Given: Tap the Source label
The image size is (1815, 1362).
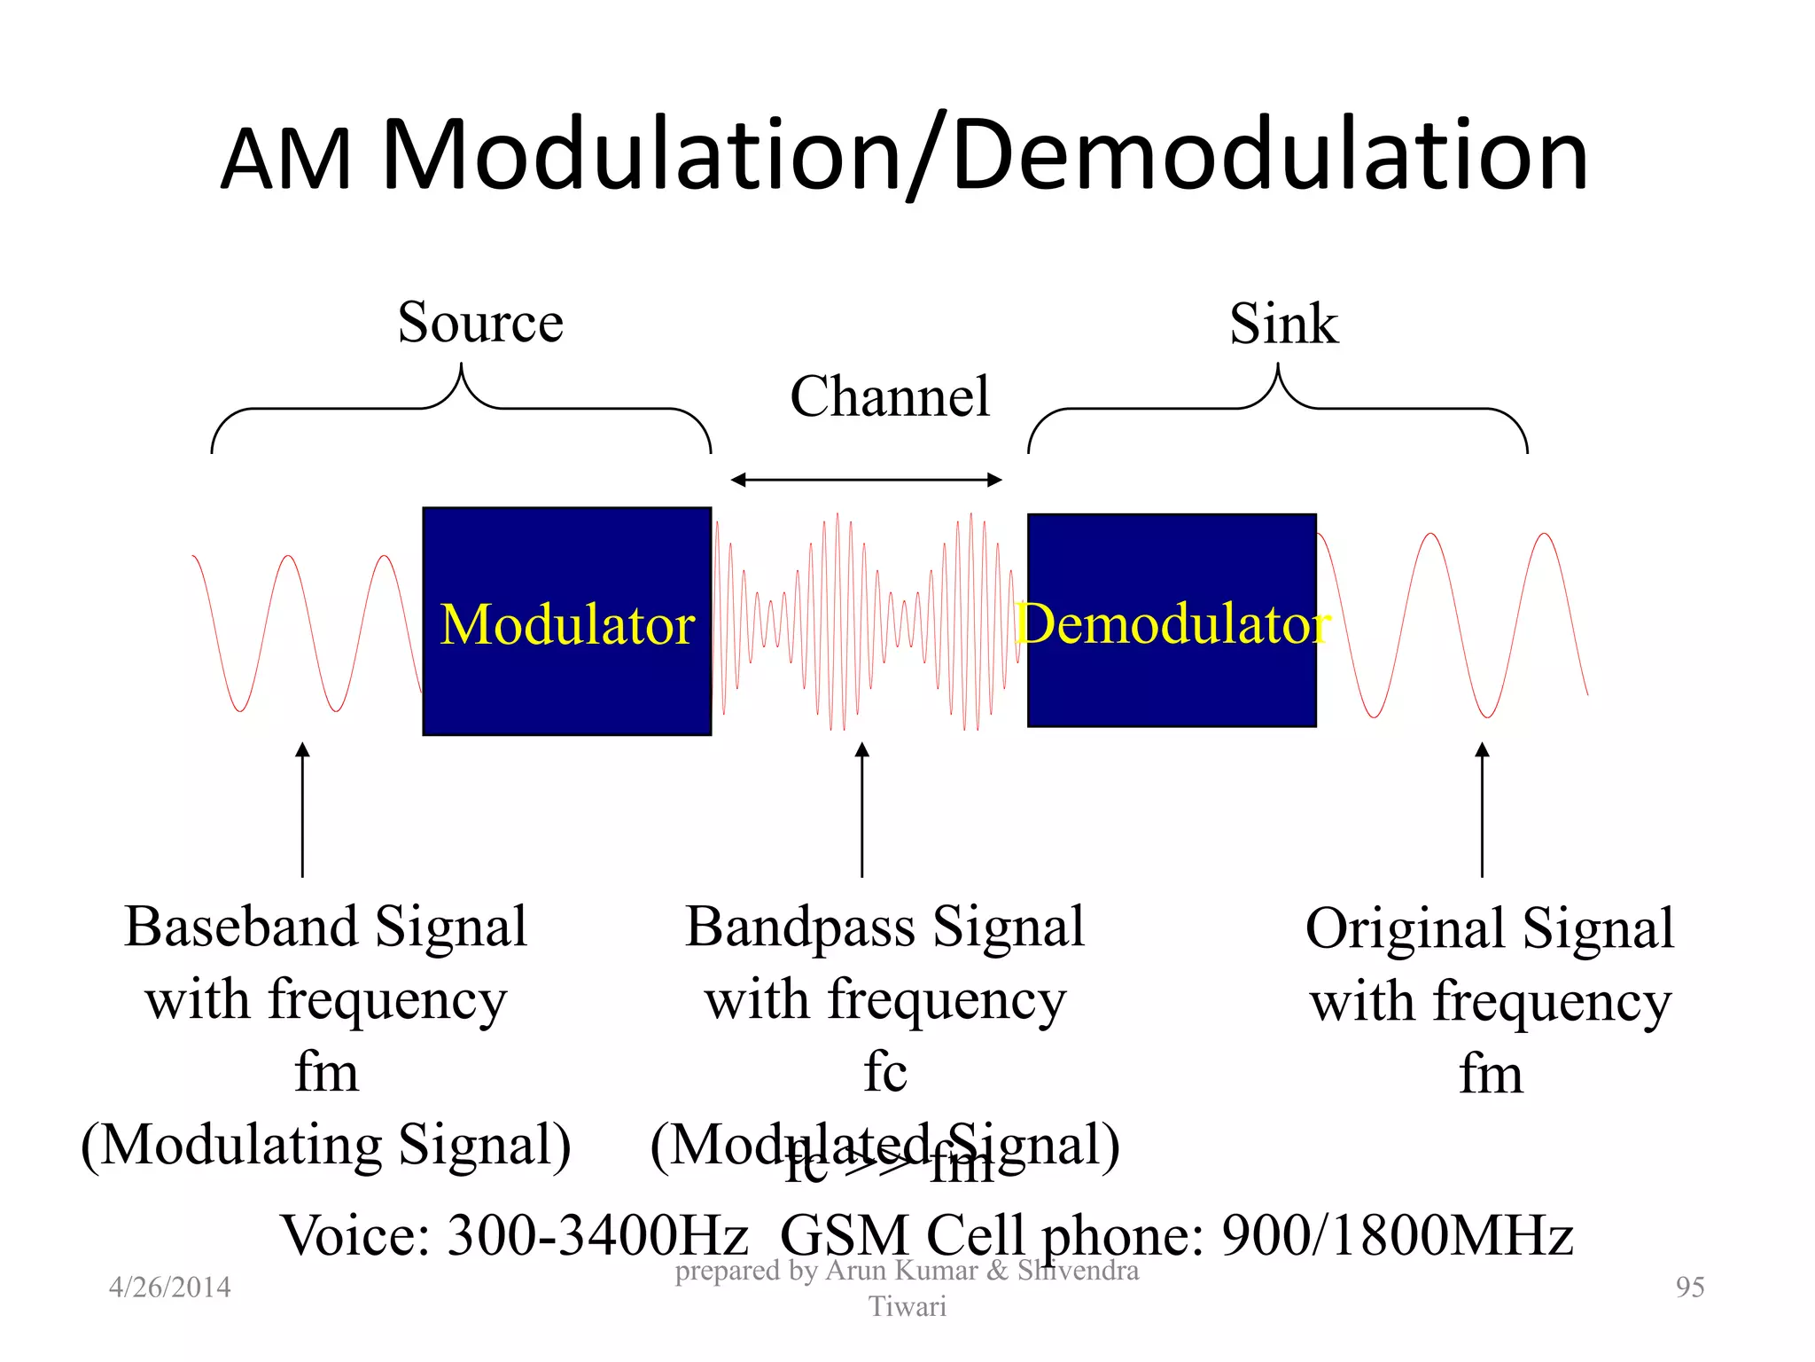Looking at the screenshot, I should [x=480, y=322].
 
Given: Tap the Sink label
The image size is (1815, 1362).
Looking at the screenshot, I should [x=1283, y=324].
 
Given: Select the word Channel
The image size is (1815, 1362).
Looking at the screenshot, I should [x=889, y=396].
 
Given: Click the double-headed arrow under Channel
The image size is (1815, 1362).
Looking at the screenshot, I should [x=866, y=480].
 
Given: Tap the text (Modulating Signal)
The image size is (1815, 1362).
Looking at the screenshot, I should [x=326, y=1145].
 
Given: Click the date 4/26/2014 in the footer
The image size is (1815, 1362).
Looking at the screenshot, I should [x=169, y=1287].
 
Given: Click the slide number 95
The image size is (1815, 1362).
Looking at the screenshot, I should [x=1689, y=1287].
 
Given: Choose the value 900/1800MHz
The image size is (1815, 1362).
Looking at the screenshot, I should [x=1397, y=1235].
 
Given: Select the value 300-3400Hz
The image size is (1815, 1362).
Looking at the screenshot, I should [x=597, y=1235].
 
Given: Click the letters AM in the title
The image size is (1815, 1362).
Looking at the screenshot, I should [x=285, y=160].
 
